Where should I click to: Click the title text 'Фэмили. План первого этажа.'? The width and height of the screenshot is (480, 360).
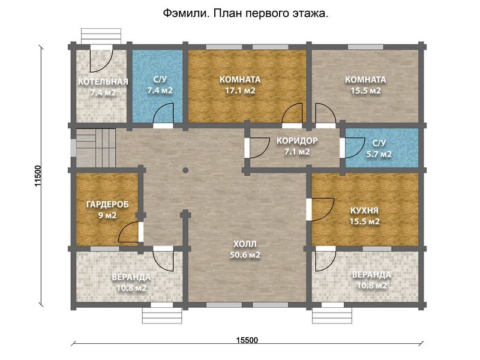coord(245,13)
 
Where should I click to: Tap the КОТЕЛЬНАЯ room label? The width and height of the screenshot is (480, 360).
coord(103,82)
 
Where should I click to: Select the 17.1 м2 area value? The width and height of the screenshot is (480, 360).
coord(241,91)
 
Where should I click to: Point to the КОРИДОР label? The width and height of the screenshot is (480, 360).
coord(297,141)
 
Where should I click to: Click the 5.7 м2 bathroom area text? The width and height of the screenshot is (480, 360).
coord(379,154)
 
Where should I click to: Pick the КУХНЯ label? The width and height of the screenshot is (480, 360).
coord(364,211)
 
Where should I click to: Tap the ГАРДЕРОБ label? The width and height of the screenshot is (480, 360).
coord(107,205)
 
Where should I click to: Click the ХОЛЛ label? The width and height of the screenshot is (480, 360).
coord(245,244)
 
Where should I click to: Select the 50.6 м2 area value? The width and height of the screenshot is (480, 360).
coord(245,255)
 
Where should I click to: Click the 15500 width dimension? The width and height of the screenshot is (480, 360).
coord(247,340)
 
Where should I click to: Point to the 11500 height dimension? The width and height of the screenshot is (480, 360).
coord(38,176)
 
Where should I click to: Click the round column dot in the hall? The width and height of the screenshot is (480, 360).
coord(185,170)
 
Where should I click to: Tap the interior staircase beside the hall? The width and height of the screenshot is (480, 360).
coord(96,148)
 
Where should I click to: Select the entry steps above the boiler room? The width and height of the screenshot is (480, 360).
coord(101,36)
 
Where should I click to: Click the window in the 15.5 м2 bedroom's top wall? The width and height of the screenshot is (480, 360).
coord(365,47)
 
